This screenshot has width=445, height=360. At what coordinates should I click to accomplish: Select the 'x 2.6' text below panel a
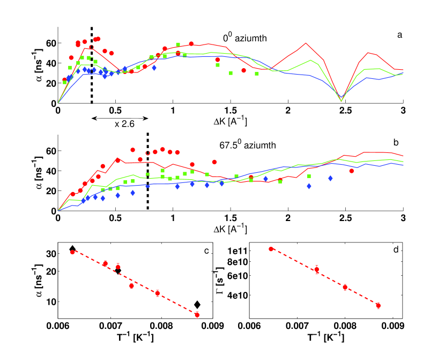coord(123,123)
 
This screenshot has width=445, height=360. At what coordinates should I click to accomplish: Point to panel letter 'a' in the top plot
coord(399,35)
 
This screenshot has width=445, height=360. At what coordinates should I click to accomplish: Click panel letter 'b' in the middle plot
coord(396,142)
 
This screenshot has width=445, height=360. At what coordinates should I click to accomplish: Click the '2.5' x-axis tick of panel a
coord(346,111)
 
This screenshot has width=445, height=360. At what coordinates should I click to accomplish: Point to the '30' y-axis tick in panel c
coord(48,253)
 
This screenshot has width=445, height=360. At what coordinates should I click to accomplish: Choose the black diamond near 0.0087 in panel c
coord(197,305)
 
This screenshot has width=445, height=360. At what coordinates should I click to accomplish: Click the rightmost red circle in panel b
coord(352,171)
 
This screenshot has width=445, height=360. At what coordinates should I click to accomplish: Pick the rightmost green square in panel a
coord(257,74)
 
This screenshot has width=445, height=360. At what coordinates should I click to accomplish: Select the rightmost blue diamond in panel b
coord(330,178)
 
